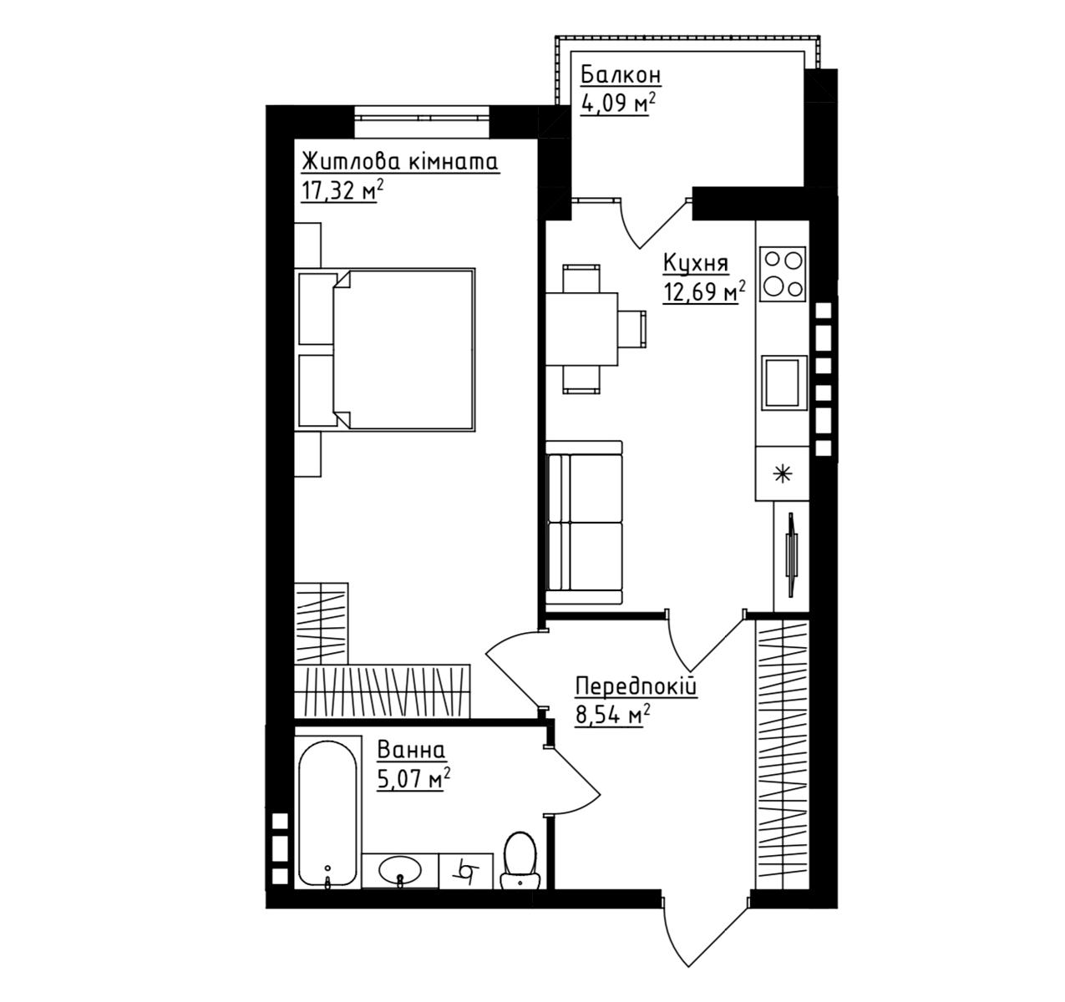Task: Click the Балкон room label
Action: [x=621, y=76]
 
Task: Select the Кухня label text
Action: [x=696, y=264]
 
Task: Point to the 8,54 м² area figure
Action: [x=613, y=715]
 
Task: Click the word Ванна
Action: [x=411, y=750]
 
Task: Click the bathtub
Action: [x=327, y=813]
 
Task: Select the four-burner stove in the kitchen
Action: [x=783, y=274]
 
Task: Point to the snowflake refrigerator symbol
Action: [x=783, y=474]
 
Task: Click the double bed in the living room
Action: [x=385, y=350]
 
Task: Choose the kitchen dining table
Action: [x=582, y=329]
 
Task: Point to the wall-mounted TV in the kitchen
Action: [x=792, y=555]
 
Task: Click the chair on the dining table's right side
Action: [x=632, y=329]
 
